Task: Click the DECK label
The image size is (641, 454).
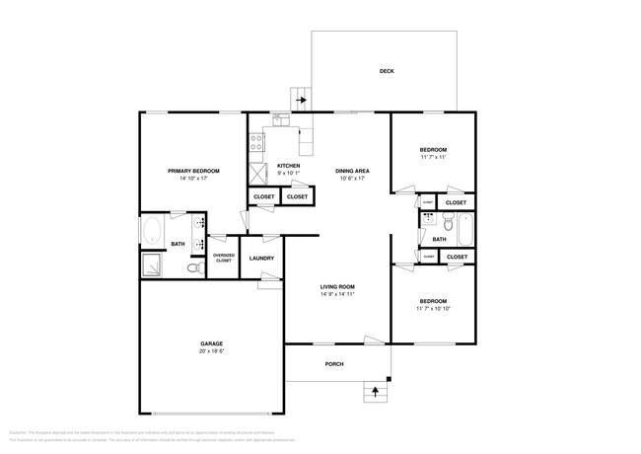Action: [x=387, y=71]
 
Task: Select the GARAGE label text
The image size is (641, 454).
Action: [x=212, y=343]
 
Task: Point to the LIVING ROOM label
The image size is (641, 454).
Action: [x=336, y=286]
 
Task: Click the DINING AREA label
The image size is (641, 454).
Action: [x=352, y=171]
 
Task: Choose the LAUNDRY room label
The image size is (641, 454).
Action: [x=261, y=259]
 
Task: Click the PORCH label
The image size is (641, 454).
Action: [x=334, y=363]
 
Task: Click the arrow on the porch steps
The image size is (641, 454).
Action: [x=374, y=394]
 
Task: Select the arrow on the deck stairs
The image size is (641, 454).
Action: [x=300, y=99]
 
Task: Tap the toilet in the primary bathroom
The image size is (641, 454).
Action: [x=193, y=266]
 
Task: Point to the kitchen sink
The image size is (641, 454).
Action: [x=280, y=122]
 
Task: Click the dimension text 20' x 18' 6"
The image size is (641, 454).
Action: [x=212, y=351]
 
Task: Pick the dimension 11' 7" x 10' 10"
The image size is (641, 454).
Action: [x=433, y=309]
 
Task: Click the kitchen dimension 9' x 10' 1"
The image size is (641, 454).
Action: [x=289, y=174]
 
